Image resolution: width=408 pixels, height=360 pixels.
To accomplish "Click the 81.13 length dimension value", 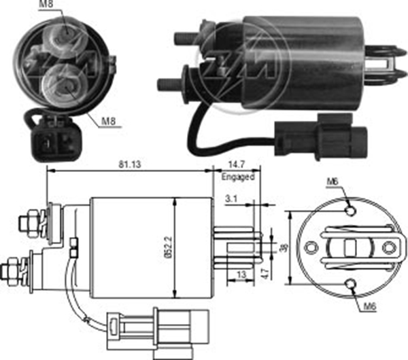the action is click(x=130, y=164).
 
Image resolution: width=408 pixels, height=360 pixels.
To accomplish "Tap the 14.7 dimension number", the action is click(x=237, y=164).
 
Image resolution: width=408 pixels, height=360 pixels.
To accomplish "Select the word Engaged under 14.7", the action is click(x=238, y=177).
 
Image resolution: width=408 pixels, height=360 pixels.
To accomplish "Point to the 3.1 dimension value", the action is click(x=231, y=199).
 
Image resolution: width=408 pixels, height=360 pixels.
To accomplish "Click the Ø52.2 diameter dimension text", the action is click(x=169, y=247).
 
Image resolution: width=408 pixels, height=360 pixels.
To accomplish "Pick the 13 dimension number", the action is click(x=241, y=274).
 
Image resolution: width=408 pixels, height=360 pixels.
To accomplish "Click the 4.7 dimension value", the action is click(x=265, y=274).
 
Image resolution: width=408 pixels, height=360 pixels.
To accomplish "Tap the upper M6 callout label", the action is click(x=333, y=181).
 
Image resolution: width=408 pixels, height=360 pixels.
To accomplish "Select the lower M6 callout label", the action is click(x=370, y=306).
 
